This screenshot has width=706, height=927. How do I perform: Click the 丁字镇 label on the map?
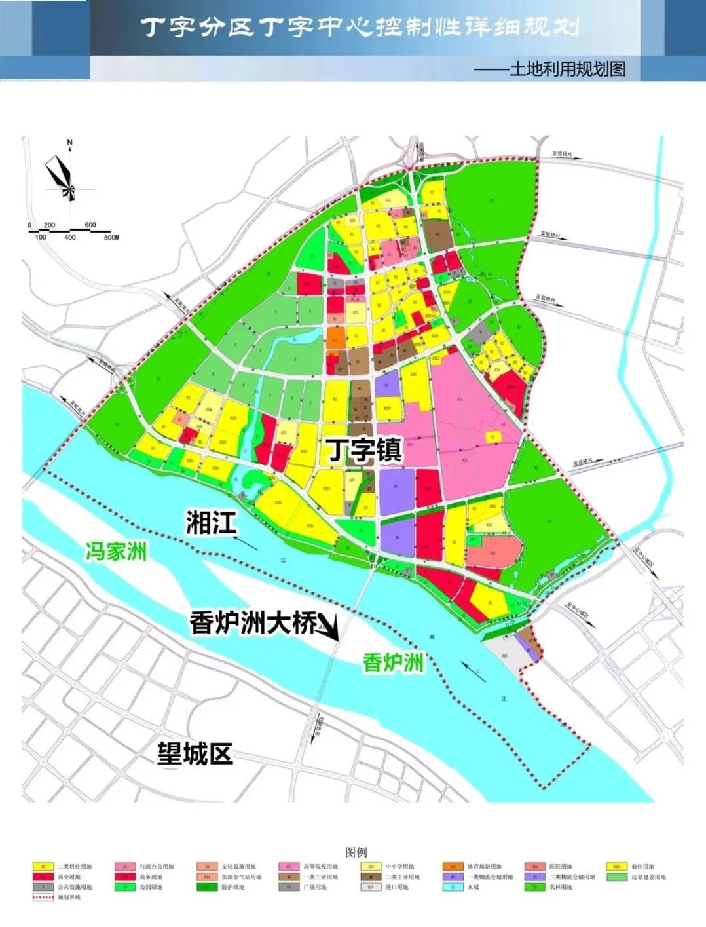[x=363, y=450]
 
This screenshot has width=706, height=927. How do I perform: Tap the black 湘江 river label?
[x=211, y=522]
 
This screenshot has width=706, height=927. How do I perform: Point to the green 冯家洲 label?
[x=116, y=551]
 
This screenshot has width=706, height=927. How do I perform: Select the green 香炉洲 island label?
[x=393, y=662]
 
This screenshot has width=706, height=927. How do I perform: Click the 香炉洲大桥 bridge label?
[x=253, y=622]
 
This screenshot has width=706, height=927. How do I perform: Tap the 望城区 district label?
[x=195, y=753]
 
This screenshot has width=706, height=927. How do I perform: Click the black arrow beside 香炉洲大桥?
[x=329, y=628]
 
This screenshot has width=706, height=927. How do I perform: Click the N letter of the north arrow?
[x=69, y=142]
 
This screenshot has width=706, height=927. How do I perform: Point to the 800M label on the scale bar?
[x=111, y=237]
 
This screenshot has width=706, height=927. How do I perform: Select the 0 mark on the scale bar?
[x=29, y=225]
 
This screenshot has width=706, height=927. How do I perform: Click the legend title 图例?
[x=356, y=852]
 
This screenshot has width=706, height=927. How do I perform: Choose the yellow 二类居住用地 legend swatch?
[x=43, y=867]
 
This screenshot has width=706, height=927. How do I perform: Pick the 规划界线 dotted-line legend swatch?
[x=43, y=897]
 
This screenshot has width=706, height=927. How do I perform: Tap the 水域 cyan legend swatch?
[x=453, y=887]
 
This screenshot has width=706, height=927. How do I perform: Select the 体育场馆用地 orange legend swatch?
[x=453, y=867]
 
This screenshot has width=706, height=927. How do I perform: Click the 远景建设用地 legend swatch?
[x=616, y=877]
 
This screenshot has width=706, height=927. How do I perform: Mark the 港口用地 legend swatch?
[x=371, y=887]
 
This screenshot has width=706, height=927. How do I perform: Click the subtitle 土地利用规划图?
[x=567, y=69]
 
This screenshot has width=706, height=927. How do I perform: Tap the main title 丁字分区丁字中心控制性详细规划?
[x=360, y=28]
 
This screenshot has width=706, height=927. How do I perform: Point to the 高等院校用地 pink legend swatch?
[x=288, y=867]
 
